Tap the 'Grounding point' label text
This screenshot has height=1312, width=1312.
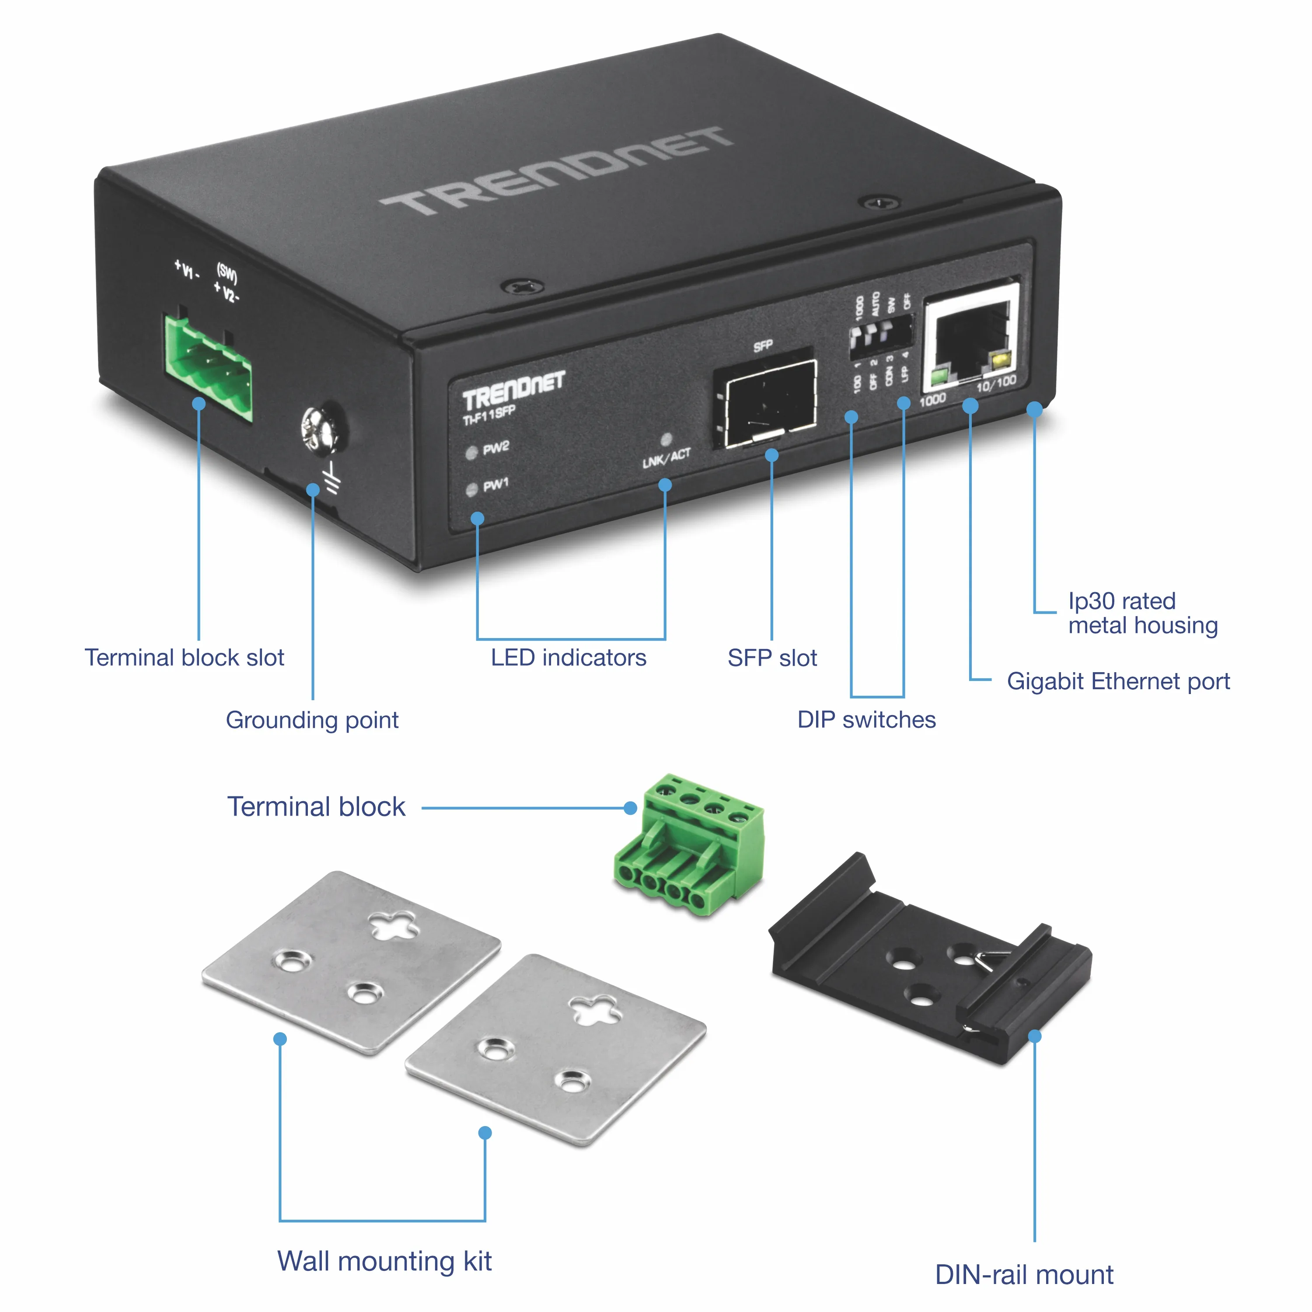click(x=312, y=720)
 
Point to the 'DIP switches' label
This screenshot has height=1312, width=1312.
click(x=866, y=720)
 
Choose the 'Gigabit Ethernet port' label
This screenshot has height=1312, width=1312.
click(x=1118, y=681)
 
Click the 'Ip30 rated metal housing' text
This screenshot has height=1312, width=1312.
click(x=1142, y=613)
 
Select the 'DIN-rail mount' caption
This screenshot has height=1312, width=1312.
click(x=1024, y=1275)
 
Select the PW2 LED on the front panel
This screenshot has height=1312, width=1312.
click(x=471, y=453)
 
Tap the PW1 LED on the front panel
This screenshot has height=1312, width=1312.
click(x=471, y=490)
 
